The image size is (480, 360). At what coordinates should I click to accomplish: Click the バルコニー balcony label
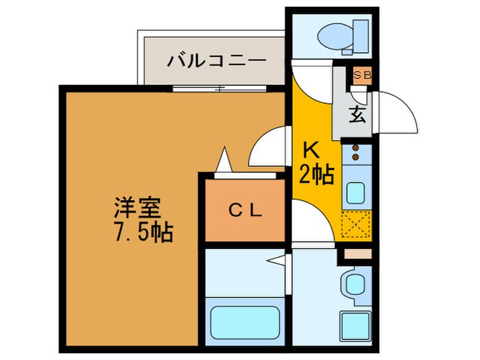pos(216,60)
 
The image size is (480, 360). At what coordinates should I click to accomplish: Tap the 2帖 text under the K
pos(316,175)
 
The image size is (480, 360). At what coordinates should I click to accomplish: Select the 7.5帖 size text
pos(143,232)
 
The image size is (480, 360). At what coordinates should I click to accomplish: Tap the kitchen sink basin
pos(356,193)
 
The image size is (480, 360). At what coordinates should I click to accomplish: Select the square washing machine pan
pos(356,323)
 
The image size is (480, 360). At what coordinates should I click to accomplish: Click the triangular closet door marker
pos(223,162)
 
